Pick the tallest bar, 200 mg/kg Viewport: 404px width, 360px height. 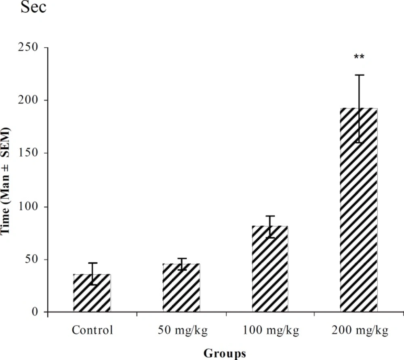[359, 210]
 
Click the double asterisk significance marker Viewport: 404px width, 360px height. [359, 57]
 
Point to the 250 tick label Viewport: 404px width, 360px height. [30, 47]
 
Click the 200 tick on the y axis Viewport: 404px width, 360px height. [30, 100]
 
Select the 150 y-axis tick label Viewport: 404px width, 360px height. [30, 153]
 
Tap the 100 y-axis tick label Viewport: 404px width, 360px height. [30, 206]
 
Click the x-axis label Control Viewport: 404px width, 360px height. [92, 330]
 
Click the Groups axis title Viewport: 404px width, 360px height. [225, 354]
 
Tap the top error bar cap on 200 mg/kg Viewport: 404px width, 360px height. [359, 75]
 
